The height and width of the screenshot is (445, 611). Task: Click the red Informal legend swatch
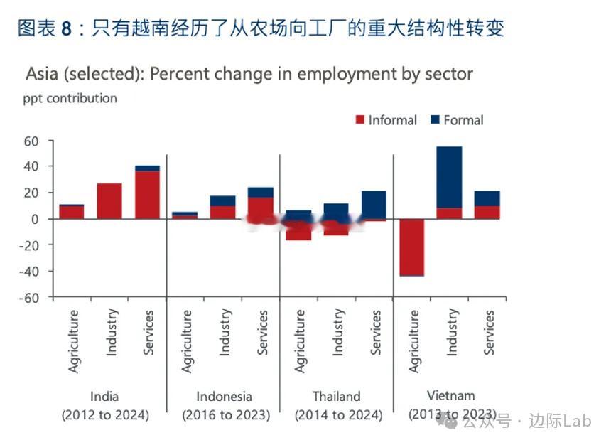point(360,120)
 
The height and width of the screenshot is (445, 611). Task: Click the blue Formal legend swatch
point(435,120)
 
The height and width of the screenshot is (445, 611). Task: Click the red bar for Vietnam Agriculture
point(411,246)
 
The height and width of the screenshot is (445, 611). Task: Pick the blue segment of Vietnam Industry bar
point(449,177)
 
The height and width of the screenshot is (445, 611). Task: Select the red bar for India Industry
point(109,201)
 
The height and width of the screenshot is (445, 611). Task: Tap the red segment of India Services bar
point(147,195)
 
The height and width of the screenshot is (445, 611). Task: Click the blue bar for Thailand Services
point(374,205)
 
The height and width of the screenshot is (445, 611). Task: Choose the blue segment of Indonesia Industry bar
point(223,200)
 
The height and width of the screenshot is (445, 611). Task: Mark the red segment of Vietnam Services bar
point(487,212)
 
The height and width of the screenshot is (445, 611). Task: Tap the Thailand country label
point(336,397)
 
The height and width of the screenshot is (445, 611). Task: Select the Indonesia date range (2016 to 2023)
point(225,415)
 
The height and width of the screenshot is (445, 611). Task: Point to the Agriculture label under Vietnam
point(413,342)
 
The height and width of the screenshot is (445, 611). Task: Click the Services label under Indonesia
point(262,332)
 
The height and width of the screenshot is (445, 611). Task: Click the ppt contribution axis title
point(70,98)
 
